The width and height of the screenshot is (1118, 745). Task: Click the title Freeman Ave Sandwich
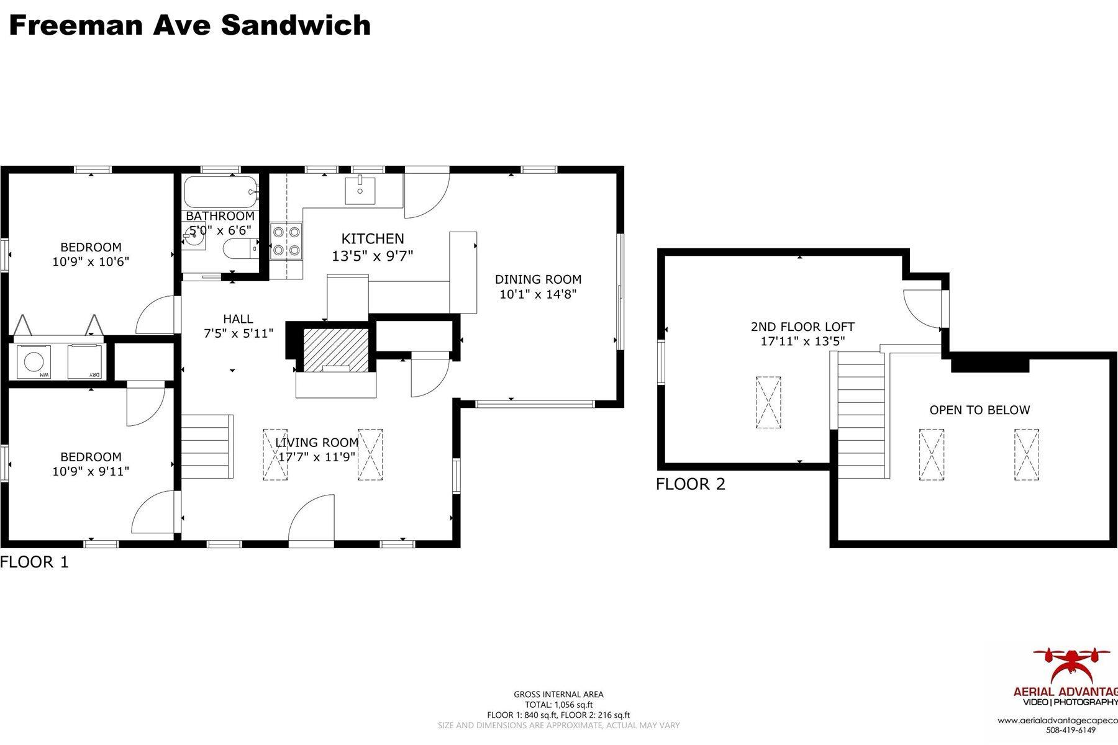coord(189,25)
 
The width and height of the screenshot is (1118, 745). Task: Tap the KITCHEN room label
coord(373,238)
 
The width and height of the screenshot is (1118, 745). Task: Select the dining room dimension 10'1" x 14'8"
coord(538,294)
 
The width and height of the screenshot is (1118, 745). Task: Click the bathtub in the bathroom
coord(221,192)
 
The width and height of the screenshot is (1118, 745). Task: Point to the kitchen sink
coord(360,189)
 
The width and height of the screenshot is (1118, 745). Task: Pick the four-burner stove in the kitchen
coord(286,241)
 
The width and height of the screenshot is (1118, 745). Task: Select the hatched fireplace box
coord(335,350)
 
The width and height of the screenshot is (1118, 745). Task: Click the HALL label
coord(238,319)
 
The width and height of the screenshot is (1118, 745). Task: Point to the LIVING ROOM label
coord(317,443)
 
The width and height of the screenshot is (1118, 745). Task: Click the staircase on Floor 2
coord(861,414)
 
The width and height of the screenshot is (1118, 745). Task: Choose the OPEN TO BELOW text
coord(979,410)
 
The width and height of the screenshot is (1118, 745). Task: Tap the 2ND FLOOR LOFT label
coord(802,327)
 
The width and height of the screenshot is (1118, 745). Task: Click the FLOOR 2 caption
coord(690,484)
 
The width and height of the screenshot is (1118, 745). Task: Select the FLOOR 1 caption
coord(34,562)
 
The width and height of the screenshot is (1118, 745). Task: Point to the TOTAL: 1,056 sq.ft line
coord(558,705)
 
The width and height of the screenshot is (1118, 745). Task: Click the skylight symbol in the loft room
coord(768,402)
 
